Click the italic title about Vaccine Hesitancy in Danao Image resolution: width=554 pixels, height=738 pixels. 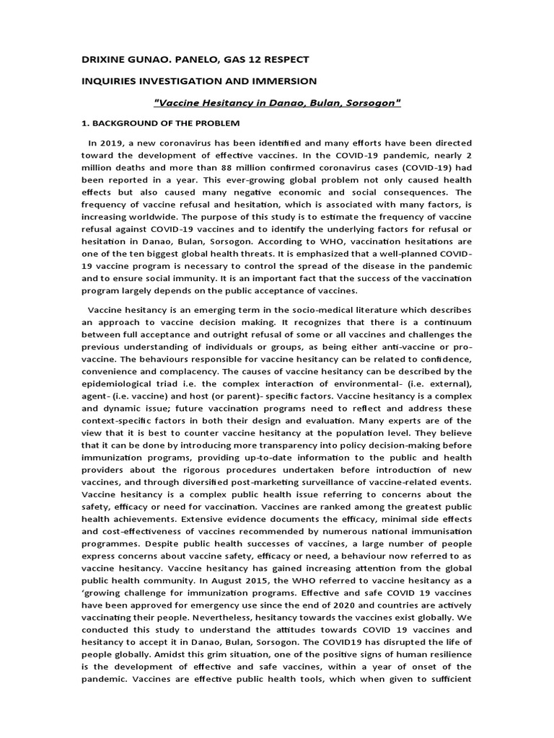click(277, 103)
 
